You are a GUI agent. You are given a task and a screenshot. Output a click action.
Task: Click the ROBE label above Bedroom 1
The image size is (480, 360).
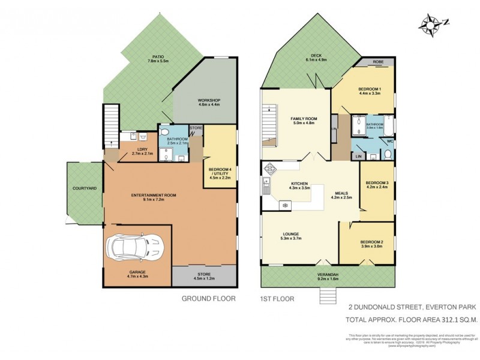[x=378, y=61]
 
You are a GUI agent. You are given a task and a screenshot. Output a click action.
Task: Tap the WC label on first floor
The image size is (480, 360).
[x=390, y=142]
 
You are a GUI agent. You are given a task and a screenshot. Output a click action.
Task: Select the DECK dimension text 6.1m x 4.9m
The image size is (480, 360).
[x=316, y=60]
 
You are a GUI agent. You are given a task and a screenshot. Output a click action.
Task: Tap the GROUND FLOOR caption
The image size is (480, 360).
[x=208, y=298]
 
